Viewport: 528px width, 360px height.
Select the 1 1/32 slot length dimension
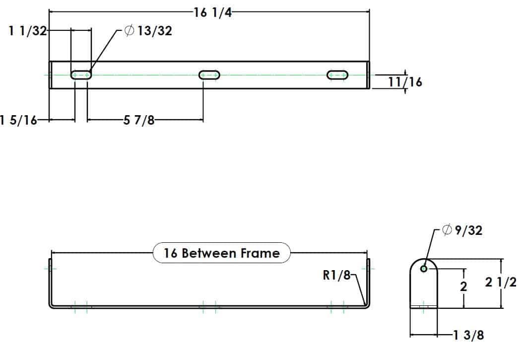tap(27, 31)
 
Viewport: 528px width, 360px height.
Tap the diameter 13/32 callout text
tap(148, 31)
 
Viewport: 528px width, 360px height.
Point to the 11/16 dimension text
tap(405, 82)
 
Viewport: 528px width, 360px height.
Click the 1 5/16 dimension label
tap(19, 120)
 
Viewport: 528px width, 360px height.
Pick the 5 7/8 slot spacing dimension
tap(139, 120)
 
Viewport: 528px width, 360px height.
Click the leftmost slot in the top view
tap(81, 75)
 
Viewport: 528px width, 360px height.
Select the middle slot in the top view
tap(209, 75)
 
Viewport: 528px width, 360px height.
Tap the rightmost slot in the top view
tap(337, 75)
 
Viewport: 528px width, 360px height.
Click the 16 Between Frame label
tap(222, 253)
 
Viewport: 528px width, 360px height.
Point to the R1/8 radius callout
tap(336, 275)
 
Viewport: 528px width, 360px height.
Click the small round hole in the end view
tap(423, 269)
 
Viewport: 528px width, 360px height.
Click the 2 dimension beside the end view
tap(463, 287)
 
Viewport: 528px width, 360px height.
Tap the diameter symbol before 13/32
tap(129, 31)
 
